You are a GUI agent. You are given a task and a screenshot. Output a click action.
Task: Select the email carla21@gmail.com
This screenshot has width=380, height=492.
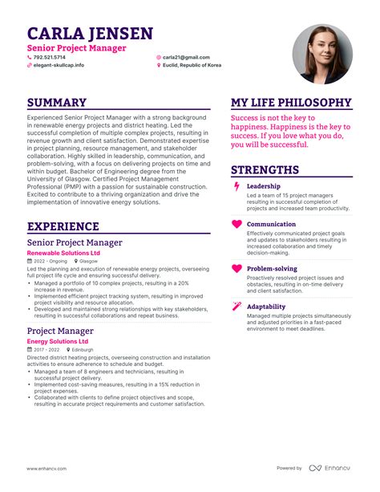(x=186, y=58)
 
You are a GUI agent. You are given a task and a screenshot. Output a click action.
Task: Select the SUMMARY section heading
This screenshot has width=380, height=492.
(x=57, y=103)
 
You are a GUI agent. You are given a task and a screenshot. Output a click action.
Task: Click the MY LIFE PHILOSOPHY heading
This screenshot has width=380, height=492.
(x=291, y=103)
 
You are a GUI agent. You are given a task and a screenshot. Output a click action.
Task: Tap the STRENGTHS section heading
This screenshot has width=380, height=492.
(x=265, y=170)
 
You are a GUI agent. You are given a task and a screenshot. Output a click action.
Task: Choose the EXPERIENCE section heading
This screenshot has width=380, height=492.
(x=68, y=227)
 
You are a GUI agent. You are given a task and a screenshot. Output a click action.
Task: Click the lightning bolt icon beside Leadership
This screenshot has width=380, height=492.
(x=236, y=186)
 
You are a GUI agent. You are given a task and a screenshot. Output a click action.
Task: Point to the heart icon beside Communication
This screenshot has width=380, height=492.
(x=236, y=225)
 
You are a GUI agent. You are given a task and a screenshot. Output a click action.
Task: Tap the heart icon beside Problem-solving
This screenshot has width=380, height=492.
(x=236, y=269)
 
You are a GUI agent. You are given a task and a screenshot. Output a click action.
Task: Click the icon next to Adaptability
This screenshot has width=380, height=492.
(x=236, y=307)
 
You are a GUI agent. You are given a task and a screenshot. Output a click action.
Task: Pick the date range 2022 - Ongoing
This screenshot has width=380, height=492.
(x=51, y=262)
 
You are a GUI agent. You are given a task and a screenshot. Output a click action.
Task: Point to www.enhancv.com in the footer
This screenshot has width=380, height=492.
(x=46, y=468)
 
